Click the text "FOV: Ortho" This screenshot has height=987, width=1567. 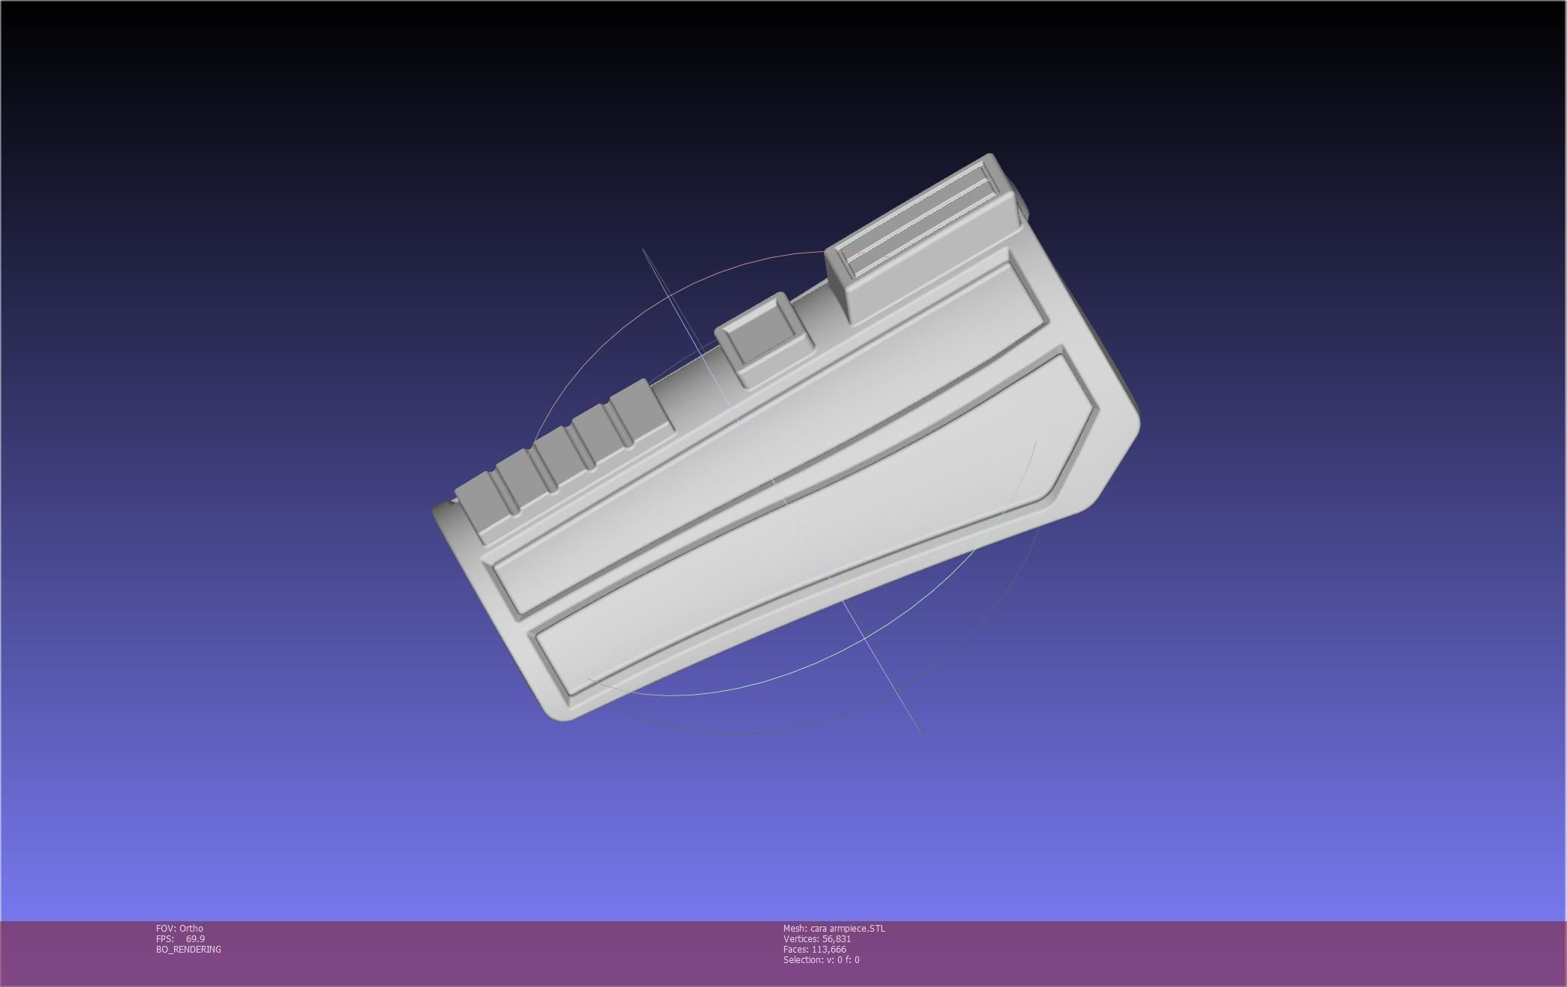point(179,928)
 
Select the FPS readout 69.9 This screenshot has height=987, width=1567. point(195,938)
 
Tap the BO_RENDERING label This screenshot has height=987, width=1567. point(188,949)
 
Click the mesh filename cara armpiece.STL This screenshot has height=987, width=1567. point(847,928)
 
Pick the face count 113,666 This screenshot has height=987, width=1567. point(828,949)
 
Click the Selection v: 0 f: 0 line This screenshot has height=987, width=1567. point(821,959)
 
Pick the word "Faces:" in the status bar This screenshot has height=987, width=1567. point(795,949)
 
